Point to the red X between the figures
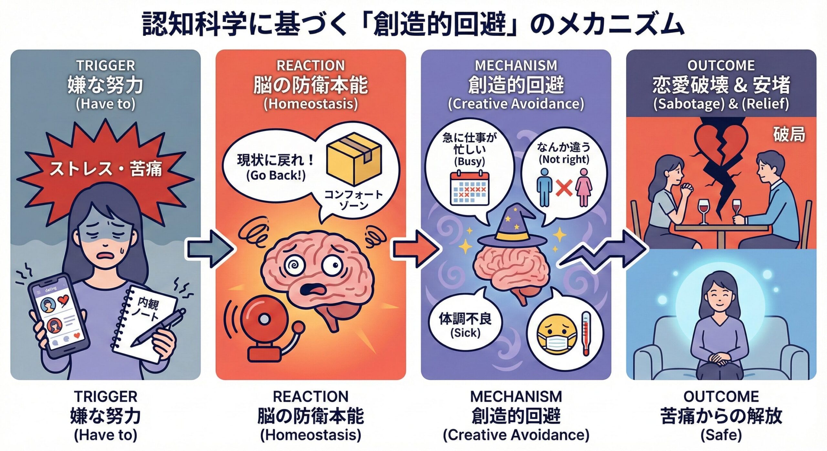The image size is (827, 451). point(564,188)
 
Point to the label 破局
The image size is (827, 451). point(789,134)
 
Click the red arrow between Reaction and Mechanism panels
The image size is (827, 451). point(415,249)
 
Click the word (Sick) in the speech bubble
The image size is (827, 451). point(465,332)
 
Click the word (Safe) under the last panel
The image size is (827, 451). point(721,435)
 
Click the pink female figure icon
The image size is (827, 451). point(583,188)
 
